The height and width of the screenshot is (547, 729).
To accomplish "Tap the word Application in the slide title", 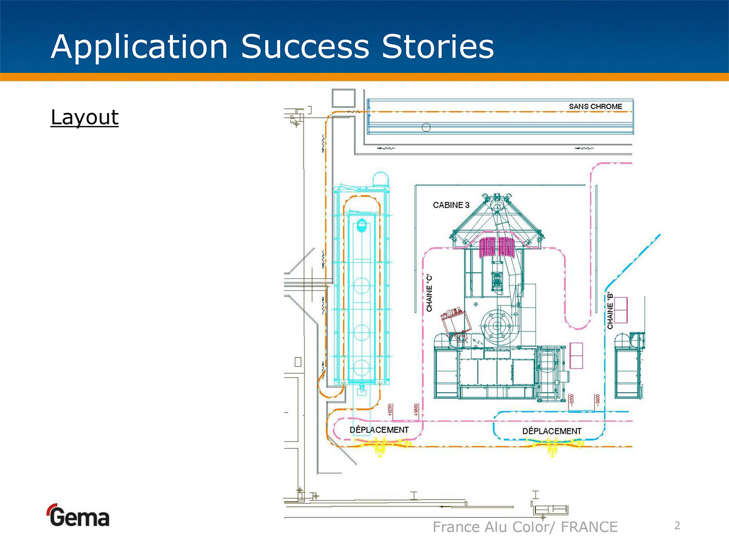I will tap(140, 47).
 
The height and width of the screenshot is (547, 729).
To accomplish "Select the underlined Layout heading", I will tap(84, 117).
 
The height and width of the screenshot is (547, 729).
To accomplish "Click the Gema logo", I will tap(78, 516).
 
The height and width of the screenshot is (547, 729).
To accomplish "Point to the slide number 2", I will tap(677, 526).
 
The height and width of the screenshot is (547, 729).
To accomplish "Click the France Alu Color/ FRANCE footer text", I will tap(525, 527).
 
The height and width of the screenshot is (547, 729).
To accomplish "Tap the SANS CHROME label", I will tap(595, 106).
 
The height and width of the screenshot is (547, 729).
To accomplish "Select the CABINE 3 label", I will tap(451, 205).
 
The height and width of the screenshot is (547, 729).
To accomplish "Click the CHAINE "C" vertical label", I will tap(430, 293).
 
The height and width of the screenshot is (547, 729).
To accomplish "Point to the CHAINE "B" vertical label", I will tap(610, 311).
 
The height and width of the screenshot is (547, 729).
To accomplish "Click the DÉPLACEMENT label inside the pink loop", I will tap(379, 430).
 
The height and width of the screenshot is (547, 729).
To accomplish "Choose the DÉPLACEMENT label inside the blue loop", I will tap(551, 431).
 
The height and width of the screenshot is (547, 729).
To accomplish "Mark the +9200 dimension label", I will tap(391, 410).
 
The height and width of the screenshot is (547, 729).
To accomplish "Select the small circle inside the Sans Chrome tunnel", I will tap(426, 127).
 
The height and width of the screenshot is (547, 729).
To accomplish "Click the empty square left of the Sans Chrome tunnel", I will tap(343, 98).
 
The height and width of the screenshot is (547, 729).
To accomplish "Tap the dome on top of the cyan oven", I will tap(381, 179).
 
